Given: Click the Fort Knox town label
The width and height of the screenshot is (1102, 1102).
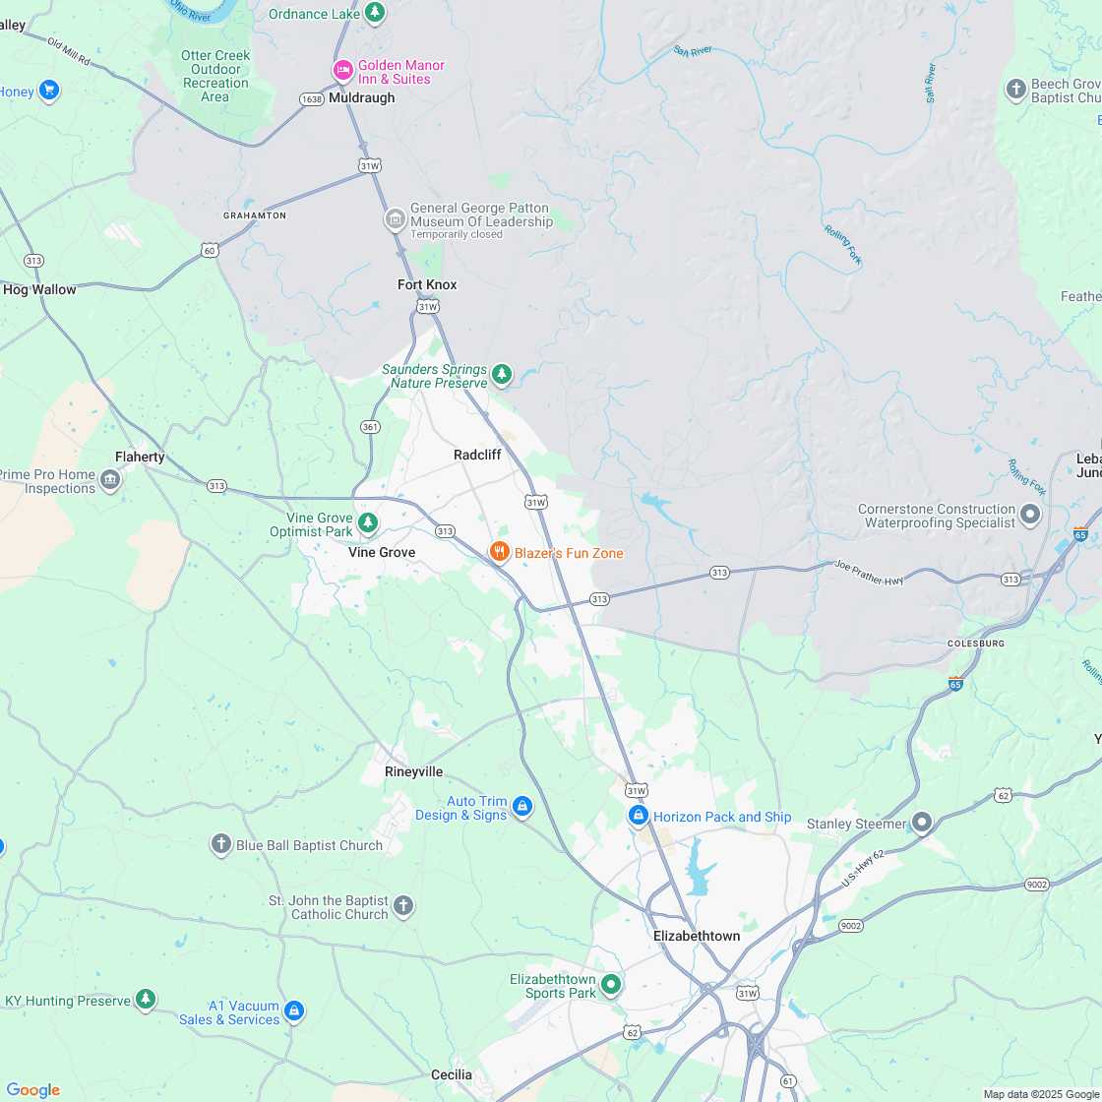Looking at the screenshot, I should point(427,285).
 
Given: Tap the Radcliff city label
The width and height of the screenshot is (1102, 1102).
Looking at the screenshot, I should point(477,455).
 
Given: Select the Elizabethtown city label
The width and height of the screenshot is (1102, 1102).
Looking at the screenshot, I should point(697,936).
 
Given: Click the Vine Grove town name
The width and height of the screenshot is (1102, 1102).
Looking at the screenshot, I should point(382,553).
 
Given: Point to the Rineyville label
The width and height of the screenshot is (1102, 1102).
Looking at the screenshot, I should point(413,772).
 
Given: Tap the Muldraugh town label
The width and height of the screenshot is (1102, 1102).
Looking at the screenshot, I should point(362,98).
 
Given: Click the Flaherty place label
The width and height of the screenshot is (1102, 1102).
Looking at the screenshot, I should point(140,458).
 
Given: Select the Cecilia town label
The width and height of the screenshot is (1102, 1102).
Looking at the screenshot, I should point(452,1074).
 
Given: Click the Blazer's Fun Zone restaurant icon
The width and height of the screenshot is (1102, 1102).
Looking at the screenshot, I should point(500,552).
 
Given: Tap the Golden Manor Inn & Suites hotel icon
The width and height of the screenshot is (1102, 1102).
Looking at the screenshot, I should point(342,70).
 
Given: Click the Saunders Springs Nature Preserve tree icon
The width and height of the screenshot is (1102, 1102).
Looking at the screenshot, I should point(502,374).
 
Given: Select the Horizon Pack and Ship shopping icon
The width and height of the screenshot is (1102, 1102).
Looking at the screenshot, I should point(639,816).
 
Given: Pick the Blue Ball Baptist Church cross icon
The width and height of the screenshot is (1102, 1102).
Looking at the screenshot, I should point(220,844).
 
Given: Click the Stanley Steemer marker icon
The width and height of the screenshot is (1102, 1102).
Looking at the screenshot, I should point(922,822).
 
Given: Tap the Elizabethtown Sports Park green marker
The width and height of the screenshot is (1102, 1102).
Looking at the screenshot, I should point(611,983).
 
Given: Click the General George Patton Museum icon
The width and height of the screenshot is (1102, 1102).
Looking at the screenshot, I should point(395,218).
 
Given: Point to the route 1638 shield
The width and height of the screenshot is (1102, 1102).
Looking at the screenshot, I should point(312,99).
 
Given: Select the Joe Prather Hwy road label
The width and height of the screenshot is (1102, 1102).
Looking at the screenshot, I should point(869,574).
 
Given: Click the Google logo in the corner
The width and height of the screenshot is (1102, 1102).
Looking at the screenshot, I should point(32,1089).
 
